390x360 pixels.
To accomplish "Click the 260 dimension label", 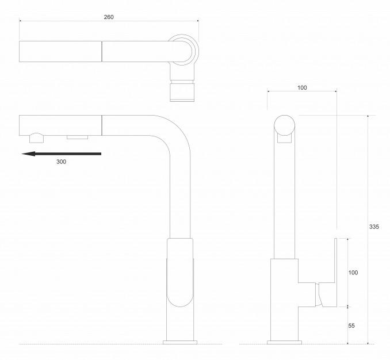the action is (109, 17).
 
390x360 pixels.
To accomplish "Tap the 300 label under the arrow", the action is (61, 162).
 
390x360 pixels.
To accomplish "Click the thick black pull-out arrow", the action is (62, 154).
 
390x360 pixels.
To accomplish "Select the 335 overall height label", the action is (374, 227).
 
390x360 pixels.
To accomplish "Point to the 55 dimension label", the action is (351, 325).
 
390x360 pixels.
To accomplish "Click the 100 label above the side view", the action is (302, 88).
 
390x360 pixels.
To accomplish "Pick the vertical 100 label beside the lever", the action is (353, 273).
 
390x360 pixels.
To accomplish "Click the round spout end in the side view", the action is (284, 125).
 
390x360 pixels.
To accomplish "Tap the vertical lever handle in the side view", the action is (335, 272).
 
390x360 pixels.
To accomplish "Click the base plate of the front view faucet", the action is (180, 342).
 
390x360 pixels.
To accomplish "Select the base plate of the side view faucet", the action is (284, 342).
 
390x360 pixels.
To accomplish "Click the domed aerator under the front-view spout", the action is (37, 138).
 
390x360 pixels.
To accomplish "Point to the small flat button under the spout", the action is (77, 137).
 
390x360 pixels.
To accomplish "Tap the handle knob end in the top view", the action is (182, 93).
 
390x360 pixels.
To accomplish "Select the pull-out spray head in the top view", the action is (60, 51).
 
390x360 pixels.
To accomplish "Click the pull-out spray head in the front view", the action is (60, 125).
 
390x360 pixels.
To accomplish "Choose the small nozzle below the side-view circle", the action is (284, 139).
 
